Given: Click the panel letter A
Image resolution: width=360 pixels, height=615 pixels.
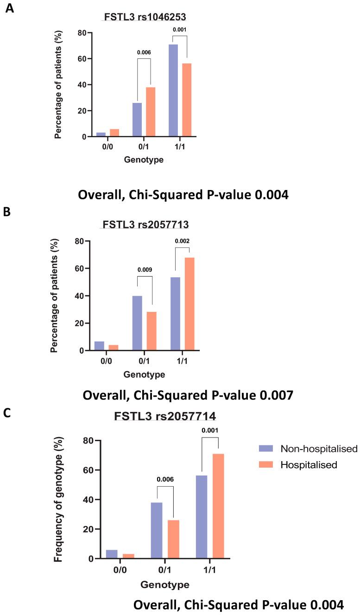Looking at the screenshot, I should (9, 8).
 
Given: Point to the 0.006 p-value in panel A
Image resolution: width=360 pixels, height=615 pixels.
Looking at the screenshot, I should (143, 52).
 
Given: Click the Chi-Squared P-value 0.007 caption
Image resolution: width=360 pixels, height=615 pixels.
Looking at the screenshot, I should (188, 395).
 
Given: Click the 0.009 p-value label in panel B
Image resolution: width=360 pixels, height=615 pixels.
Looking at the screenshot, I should (145, 269).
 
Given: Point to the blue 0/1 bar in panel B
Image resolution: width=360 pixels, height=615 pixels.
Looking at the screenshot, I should (137, 323).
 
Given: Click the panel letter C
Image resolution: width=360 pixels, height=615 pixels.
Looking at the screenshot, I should (7, 412).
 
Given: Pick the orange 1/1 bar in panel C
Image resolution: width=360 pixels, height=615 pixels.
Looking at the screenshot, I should (218, 506).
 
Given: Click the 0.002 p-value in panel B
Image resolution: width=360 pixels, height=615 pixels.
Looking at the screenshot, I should (182, 241).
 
